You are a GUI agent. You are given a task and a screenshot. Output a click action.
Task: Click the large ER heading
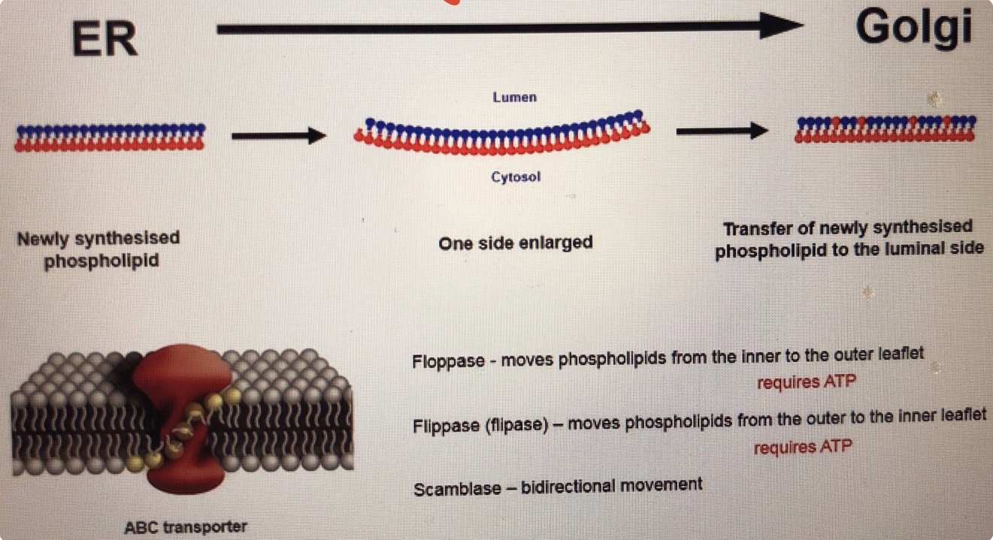point(104,38)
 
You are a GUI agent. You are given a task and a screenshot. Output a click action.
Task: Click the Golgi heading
point(913,29)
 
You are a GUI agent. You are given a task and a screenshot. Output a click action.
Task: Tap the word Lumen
point(515,98)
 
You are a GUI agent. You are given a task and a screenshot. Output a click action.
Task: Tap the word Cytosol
point(516,177)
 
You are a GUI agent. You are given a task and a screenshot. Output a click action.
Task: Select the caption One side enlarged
point(516,243)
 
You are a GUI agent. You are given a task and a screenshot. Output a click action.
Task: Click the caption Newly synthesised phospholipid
point(99,250)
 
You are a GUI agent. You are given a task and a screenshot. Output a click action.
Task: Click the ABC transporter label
point(185,526)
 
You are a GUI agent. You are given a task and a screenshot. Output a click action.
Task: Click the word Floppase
point(448,361)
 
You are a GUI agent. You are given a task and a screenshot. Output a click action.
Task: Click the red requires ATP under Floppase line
point(806,382)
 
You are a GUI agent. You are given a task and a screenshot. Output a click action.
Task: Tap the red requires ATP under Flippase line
point(803,448)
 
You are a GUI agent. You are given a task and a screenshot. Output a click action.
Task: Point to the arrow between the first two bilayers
point(278,136)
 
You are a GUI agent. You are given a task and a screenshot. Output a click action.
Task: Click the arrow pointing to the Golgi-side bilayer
point(722,131)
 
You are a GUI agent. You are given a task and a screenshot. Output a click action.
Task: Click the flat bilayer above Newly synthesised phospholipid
point(110,137)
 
